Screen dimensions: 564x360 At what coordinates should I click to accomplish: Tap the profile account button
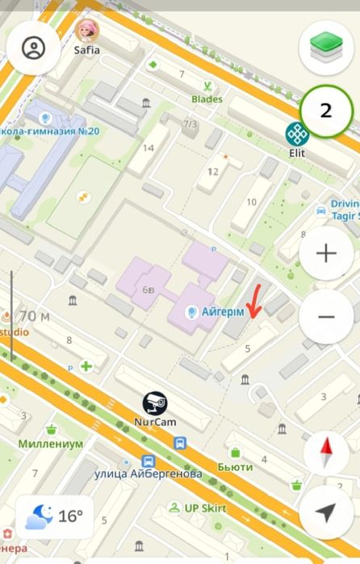point(34,48)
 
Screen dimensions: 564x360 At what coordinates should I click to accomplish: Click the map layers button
point(326,48)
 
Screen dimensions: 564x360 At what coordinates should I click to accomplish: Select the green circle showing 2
point(326,111)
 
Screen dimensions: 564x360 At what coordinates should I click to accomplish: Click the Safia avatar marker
point(86,31)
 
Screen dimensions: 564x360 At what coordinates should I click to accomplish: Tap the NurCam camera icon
point(154,403)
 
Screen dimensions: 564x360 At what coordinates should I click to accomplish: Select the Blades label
point(207,99)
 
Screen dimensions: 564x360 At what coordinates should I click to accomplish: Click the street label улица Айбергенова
point(148,474)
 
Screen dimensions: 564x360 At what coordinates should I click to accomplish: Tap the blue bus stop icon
point(179,443)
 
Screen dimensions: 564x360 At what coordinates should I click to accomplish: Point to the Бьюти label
point(235,467)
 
